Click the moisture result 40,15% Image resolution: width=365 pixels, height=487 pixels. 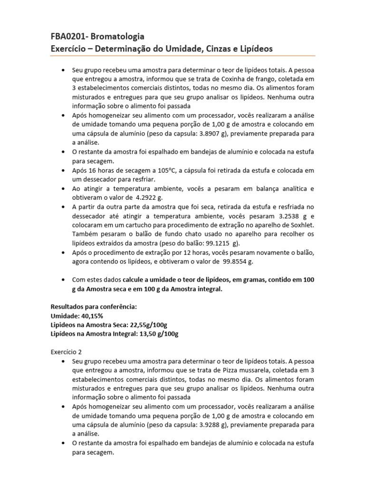tap(90, 315)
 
